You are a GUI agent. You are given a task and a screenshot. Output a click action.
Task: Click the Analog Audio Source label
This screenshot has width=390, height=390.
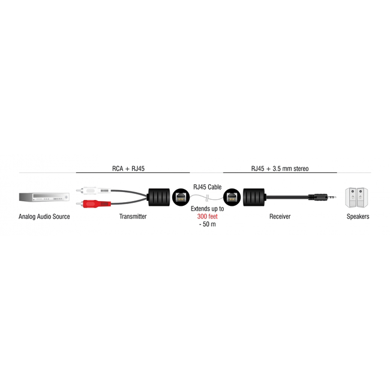pos(44,217)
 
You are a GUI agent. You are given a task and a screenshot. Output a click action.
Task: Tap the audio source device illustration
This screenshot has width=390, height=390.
pos(44,197)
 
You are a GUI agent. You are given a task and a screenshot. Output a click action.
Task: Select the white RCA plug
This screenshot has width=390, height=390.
pos(94,191)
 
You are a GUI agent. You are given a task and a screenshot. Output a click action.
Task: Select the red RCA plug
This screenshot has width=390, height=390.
pos(94,204)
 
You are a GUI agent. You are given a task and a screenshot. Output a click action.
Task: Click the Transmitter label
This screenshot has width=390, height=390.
pos(133,217)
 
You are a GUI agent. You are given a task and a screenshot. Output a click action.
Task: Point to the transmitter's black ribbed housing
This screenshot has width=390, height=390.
pos(159,197)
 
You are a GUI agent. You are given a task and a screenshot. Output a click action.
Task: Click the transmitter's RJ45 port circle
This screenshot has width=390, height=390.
pos(181,197)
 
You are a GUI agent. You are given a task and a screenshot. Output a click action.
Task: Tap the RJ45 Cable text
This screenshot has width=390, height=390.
pos(208,187)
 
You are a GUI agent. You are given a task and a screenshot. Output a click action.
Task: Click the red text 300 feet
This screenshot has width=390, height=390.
pos(208,217)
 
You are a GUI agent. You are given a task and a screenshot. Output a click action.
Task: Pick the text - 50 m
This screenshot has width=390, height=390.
pos(208,224)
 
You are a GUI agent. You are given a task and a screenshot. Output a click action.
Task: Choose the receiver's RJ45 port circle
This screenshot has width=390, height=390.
pos(232,197)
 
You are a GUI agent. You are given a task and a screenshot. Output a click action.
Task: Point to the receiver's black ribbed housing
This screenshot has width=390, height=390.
pos(254,197)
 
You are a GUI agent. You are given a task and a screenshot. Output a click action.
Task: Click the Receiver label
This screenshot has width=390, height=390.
pos(280,217)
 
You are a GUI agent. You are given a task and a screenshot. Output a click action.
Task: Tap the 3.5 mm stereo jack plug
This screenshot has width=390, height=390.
pos(323,197)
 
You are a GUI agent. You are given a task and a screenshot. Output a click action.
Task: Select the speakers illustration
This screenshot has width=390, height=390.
pos(356,197)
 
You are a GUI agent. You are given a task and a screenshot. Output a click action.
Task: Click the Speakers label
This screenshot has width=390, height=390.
pos(358,217)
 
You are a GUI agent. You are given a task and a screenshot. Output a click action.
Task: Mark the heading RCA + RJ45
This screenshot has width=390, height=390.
pos(128,169)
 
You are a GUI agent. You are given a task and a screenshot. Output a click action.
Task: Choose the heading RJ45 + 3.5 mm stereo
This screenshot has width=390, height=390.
pos(280,169)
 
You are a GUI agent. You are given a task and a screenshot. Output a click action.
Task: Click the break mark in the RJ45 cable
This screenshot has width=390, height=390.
pos(207,199)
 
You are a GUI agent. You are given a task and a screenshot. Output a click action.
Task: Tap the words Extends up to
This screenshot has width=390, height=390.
pos(208,209)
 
